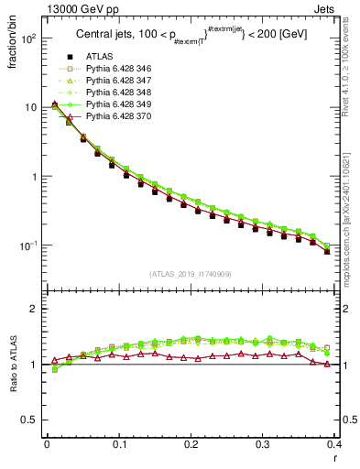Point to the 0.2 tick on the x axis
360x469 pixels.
coord(191,445)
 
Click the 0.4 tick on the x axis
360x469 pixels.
coord(336,445)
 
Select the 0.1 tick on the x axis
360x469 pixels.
coord(119,445)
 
